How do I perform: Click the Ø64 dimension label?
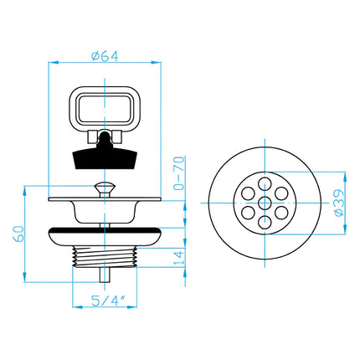coord(105,56)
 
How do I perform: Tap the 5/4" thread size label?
coord(108,301)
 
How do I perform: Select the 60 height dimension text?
coord(19,234)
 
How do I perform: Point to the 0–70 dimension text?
coord(178,173)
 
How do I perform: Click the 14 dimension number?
coord(179,258)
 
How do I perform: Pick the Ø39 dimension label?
coord(339,203)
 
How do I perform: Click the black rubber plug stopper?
coord(105,154)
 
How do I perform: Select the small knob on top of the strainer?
coord(105,189)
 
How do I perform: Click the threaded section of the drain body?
coord(105,257)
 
